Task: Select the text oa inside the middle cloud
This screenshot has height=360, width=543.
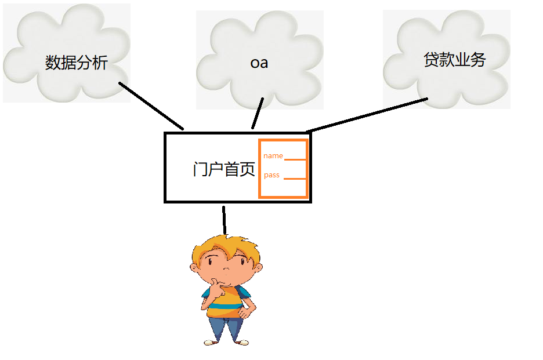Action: [259, 62]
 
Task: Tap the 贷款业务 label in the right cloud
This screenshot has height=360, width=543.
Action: [454, 59]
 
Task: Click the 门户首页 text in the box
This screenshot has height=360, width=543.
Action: [223, 169]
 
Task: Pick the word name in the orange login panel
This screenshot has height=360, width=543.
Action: [273, 155]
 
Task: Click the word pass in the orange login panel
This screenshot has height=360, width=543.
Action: [271, 175]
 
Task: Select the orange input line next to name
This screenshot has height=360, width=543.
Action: [295, 159]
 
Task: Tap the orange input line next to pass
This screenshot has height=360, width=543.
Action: [295, 179]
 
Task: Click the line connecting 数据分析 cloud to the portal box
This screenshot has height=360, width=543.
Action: [151, 106]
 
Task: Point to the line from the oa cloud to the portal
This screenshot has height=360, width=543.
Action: [258, 113]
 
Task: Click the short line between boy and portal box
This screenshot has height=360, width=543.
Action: [223, 219]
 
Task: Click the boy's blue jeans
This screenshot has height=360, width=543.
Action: [226, 328]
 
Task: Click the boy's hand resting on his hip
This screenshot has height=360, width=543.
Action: [247, 313]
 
